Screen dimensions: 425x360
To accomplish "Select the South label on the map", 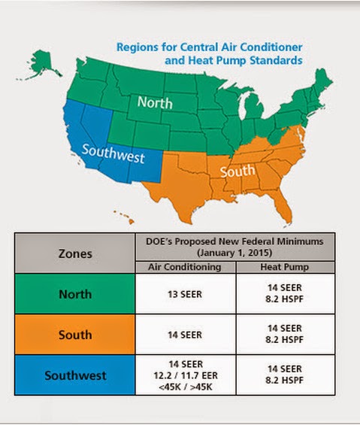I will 237,172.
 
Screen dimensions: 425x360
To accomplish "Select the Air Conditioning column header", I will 186,266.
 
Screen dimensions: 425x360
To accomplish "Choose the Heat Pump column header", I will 285,266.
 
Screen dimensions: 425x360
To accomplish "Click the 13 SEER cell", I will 186,294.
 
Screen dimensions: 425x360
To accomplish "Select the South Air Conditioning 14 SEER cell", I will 186,334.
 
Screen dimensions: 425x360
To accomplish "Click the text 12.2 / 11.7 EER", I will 186,374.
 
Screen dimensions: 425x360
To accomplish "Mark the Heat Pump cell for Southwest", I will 285,374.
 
